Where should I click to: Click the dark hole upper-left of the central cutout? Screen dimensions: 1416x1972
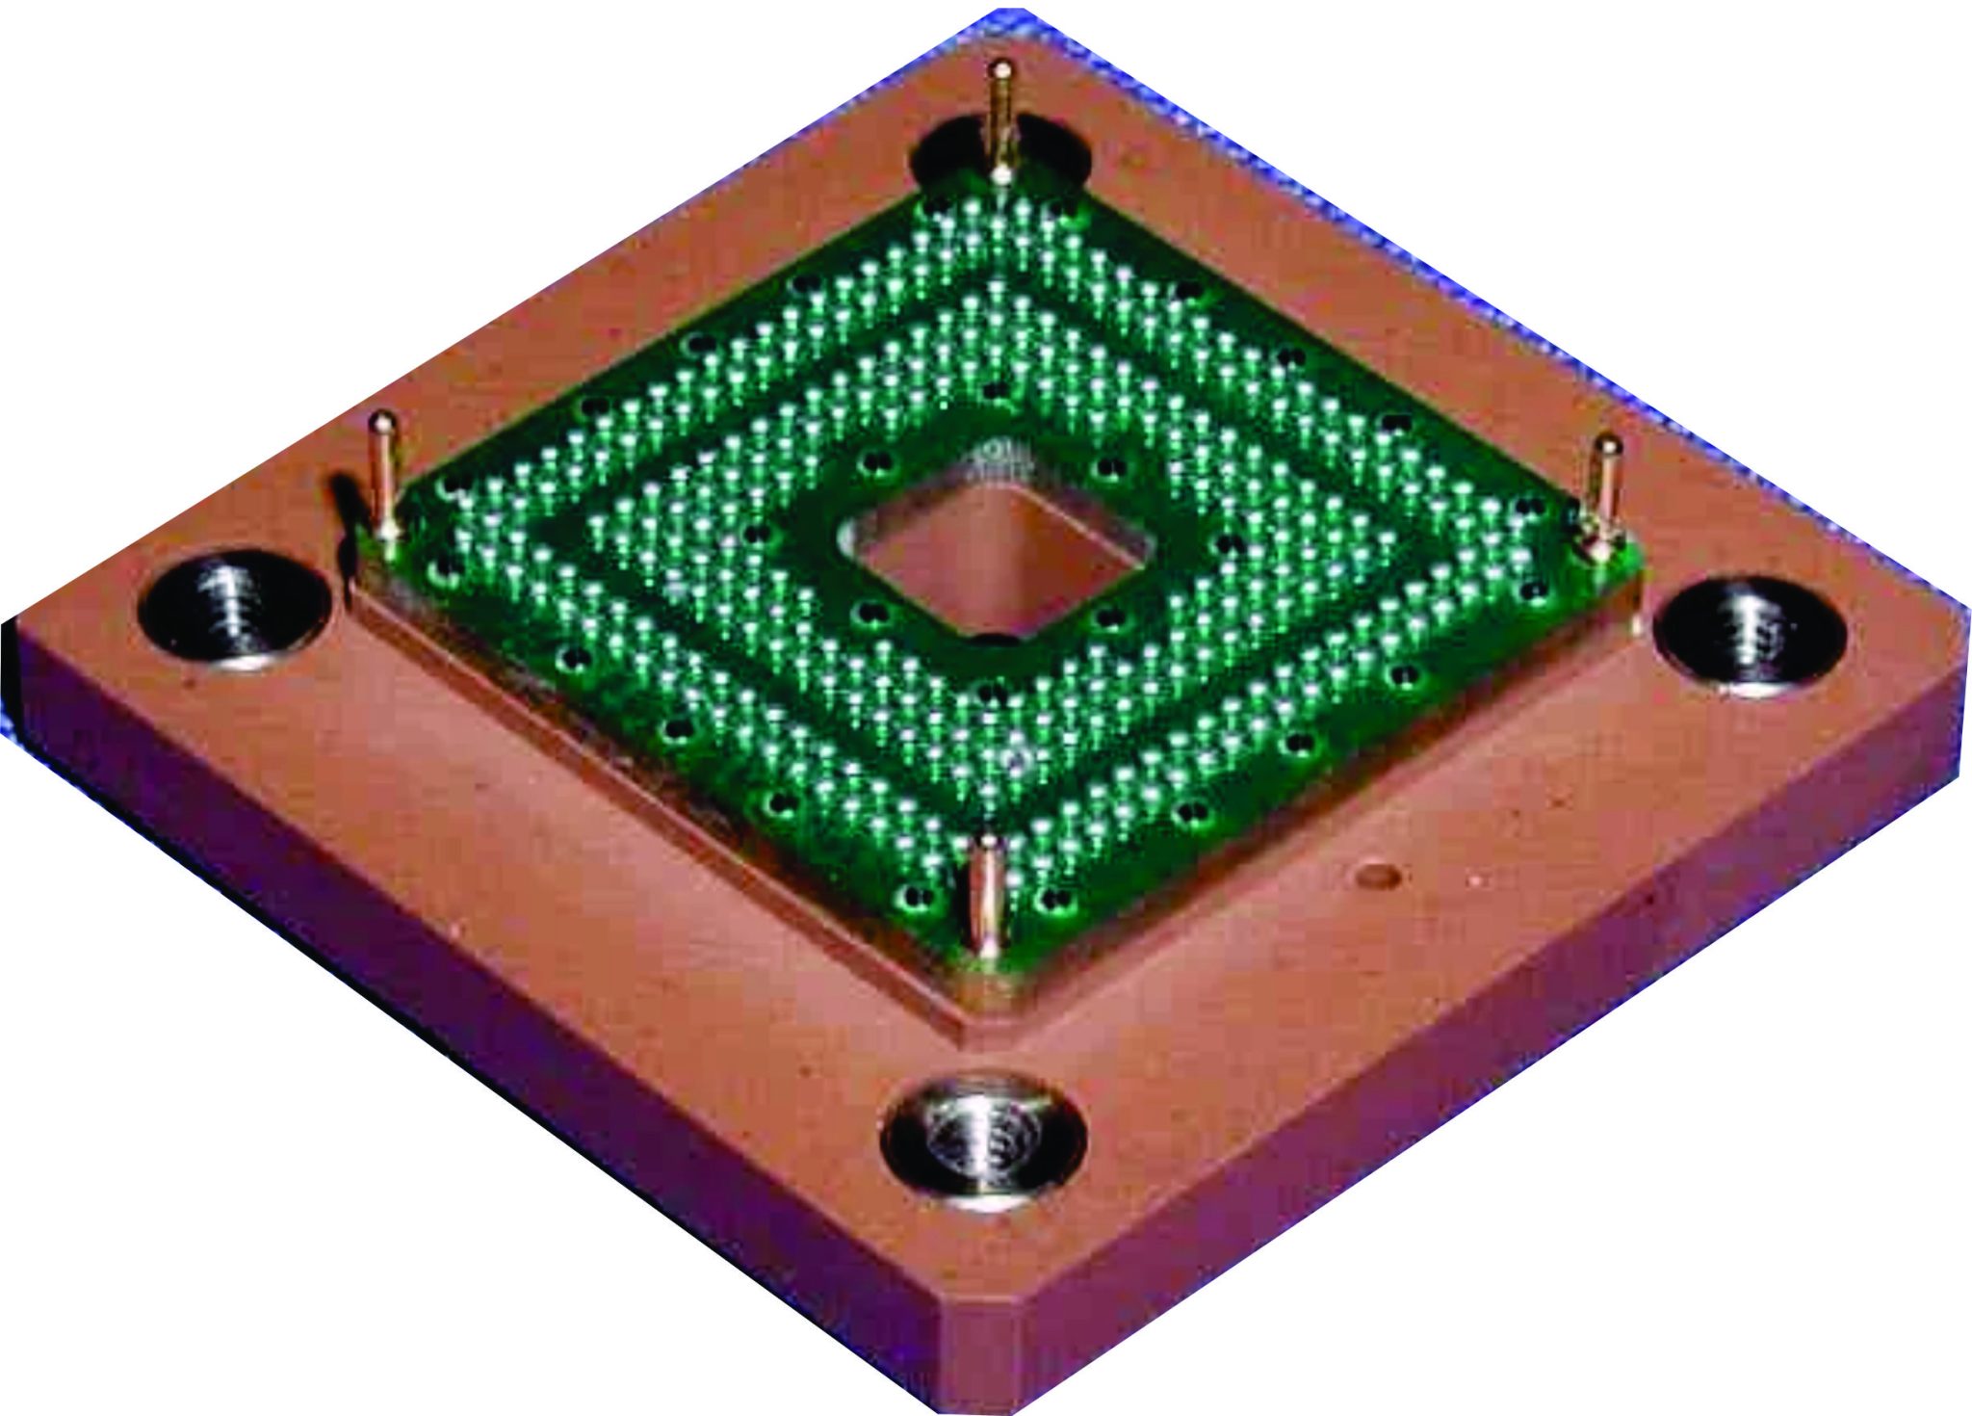tap(875, 463)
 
